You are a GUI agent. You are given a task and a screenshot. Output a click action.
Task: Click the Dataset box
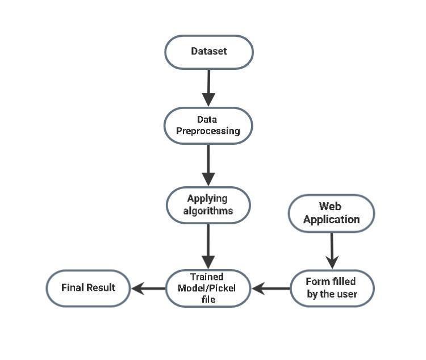pos(209,52)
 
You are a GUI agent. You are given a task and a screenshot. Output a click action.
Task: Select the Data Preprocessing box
pos(208,125)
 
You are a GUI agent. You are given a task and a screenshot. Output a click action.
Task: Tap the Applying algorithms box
pos(208,205)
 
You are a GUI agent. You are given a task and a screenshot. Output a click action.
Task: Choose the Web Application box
pos(332,214)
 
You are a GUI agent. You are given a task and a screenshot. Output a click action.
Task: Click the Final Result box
pos(88,288)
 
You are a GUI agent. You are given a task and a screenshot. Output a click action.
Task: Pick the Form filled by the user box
pos(332,288)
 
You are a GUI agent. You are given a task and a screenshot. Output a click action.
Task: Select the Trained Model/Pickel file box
pos(208,288)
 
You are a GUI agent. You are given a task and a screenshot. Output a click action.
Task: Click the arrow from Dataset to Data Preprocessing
pos(208,88)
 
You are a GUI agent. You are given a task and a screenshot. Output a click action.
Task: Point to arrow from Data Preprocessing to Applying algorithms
pos(208,165)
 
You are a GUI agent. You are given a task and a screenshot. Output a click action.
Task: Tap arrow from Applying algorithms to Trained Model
pos(208,246)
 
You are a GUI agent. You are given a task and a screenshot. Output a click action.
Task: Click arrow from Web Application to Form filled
pos(332,251)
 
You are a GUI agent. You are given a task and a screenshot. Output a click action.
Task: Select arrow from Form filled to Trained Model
pos(270,288)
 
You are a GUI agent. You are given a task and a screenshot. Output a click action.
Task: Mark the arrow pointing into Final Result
pos(149,288)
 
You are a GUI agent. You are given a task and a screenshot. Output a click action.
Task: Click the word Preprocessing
pos(208,131)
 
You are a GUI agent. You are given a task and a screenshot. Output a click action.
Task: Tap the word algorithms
pos(208,211)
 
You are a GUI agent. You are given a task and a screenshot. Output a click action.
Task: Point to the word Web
pos(330,206)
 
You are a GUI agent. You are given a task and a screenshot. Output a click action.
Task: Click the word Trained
pos(207,277)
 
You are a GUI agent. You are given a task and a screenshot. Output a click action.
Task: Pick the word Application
pos(332,220)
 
